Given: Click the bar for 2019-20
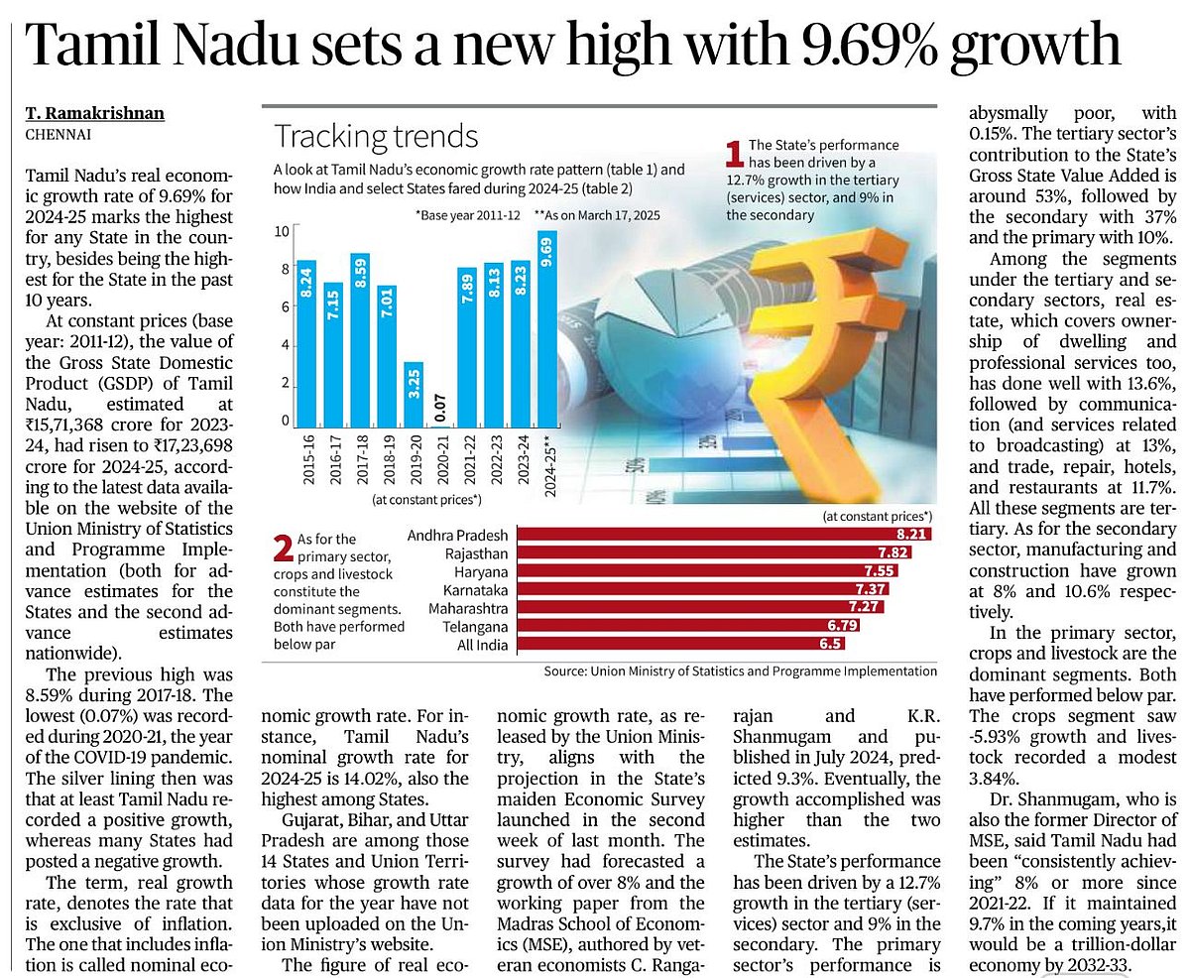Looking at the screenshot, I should tap(414, 396).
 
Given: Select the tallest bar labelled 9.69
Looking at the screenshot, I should tap(546, 327).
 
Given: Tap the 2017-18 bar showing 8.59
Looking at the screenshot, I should tap(360, 339).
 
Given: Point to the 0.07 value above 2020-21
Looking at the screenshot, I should tap(440, 405).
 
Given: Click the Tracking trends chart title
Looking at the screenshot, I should tap(376, 136).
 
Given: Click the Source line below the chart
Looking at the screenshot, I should tap(740, 672).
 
